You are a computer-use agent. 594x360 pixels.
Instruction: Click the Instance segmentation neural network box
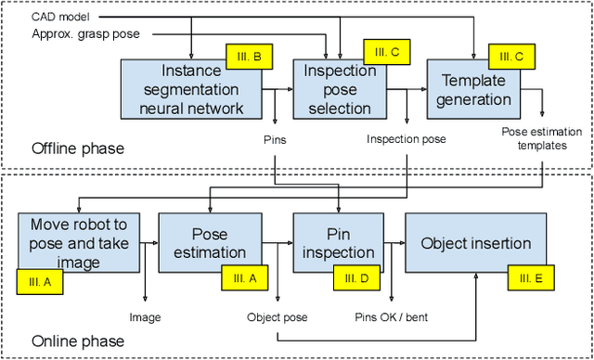click(190, 90)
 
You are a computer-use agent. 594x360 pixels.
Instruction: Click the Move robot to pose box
click(78, 243)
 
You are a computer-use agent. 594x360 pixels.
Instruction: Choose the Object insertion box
click(476, 243)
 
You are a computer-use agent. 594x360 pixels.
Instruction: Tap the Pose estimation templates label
click(541, 138)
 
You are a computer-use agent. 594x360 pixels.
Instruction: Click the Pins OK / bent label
click(391, 317)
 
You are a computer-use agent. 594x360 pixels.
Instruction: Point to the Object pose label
click(277, 317)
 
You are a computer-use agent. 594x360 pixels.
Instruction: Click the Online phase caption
click(79, 341)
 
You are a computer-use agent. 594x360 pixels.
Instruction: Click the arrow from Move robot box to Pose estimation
click(148, 243)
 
